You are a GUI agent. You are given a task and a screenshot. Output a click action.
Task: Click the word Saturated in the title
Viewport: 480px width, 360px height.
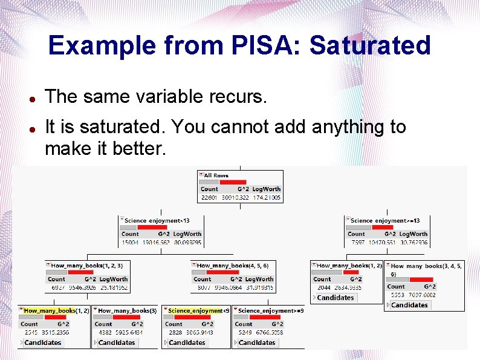point(372,45)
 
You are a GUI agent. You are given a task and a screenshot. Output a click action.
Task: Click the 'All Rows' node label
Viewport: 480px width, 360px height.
point(216,175)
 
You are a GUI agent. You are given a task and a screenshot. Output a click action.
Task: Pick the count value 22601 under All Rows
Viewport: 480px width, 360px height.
point(209,198)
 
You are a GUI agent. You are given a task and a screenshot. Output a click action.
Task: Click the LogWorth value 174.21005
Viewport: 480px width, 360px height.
point(266,198)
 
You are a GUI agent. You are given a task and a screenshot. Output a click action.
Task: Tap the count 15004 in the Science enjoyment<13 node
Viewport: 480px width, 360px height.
point(130,243)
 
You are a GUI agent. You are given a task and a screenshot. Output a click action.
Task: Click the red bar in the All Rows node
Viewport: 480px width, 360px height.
point(232,182)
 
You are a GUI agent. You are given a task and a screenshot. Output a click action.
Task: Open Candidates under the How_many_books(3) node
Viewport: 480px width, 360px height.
point(116,342)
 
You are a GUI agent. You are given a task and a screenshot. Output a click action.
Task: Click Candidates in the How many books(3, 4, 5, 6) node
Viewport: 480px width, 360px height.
point(409,305)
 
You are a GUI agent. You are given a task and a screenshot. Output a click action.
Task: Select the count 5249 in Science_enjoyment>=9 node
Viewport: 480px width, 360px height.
point(244,333)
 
